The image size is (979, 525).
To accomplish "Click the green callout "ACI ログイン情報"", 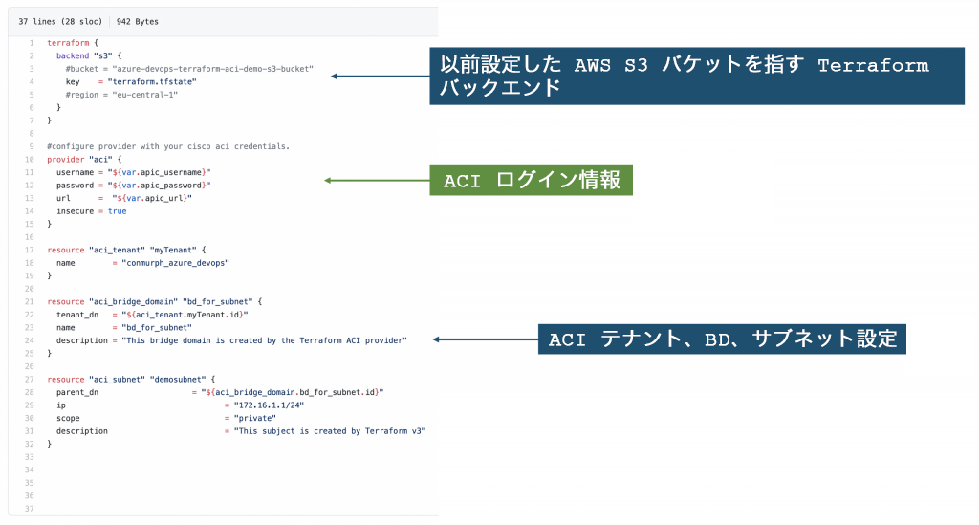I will coord(532,180).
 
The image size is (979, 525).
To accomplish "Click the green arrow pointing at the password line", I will coord(377,180).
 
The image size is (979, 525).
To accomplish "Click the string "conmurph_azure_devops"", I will coord(170,262).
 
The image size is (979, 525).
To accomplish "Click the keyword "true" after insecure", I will coord(117,210).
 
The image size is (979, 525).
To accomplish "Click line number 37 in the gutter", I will coord(30,508).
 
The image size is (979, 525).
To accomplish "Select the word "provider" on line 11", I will coord(65,159).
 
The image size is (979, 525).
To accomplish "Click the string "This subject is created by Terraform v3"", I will coord(330,430).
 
